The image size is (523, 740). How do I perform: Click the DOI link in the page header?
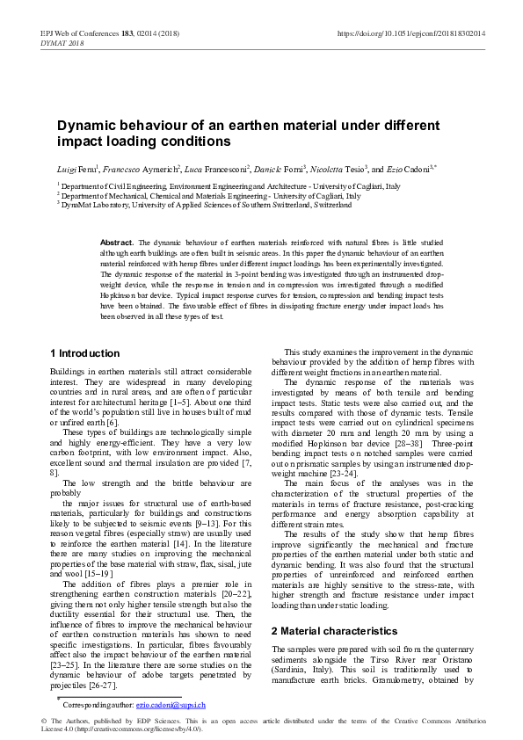[411, 33]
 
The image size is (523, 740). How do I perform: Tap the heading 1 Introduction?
[84, 353]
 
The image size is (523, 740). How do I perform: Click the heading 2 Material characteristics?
[334, 630]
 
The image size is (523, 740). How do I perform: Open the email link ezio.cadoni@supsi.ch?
[171, 705]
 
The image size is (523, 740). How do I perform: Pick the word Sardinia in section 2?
[292, 670]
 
